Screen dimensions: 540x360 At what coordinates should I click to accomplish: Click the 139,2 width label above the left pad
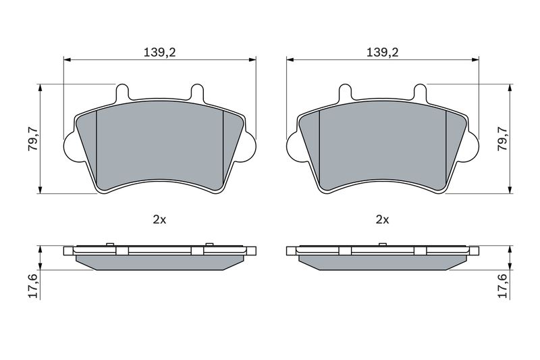click(x=160, y=53)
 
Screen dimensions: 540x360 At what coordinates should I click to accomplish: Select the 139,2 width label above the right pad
click(x=382, y=53)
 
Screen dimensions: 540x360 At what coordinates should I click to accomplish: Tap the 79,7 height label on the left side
click(x=33, y=138)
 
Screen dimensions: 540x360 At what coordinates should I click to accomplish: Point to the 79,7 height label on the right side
click(x=503, y=138)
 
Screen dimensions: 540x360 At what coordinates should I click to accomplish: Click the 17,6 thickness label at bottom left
click(x=33, y=286)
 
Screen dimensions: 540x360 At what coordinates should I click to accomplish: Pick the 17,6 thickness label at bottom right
click(x=503, y=286)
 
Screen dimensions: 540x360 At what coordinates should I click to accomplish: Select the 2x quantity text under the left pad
click(x=159, y=220)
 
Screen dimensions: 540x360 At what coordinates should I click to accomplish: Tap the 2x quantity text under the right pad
click(x=382, y=220)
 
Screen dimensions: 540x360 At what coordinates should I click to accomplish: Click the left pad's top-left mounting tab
click(x=122, y=93)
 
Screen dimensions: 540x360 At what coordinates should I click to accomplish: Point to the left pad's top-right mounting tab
click(x=197, y=93)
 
